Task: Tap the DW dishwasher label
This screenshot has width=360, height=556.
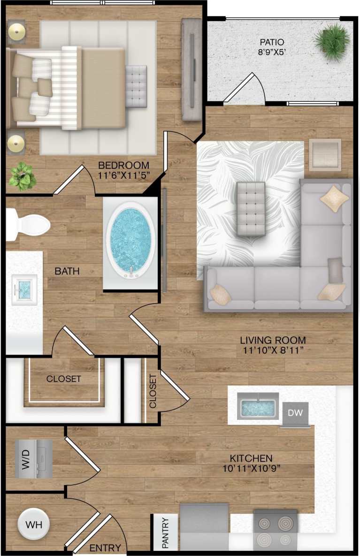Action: coord(295,413)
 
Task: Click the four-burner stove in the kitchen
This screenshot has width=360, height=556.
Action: coord(275,531)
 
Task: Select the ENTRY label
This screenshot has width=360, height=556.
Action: coord(106,548)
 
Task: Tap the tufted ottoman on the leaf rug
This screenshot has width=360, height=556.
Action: coord(251,208)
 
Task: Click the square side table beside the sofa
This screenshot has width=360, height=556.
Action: coord(325,154)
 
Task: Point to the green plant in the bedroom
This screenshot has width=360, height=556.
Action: coord(22,176)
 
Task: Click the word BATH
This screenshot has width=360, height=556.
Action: coord(67,271)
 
